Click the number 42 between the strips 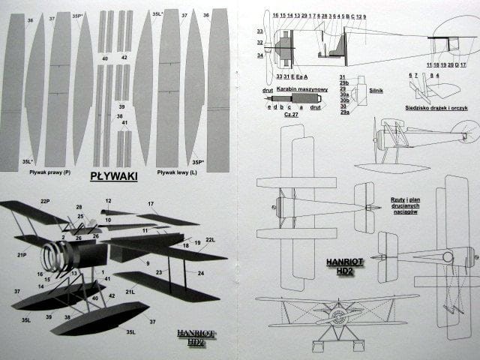[x=124, y=58]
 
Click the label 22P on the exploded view [x=45, y=202]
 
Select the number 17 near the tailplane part [x=151, y=203]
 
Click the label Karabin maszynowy [x=299, y=87]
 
